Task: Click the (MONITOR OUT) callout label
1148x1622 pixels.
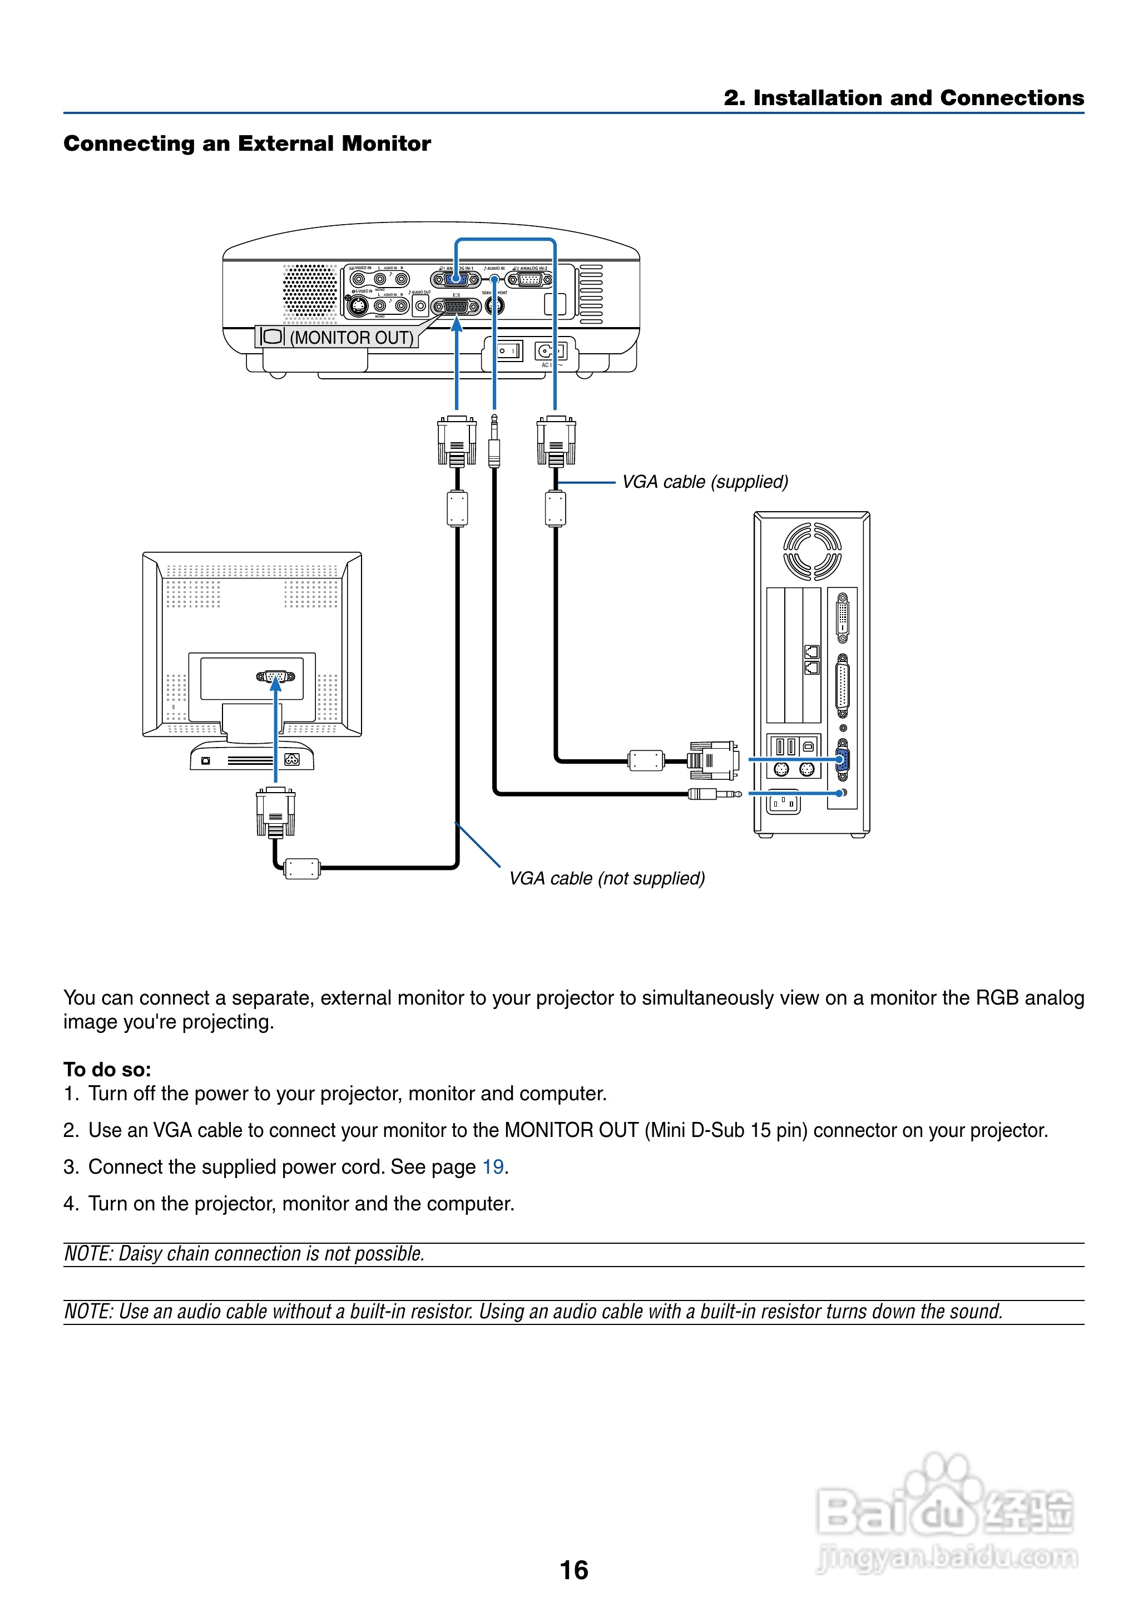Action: click(x=337, y=337)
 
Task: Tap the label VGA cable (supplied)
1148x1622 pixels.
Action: click(x=704, y=482)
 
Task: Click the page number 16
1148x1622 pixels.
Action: click(x=573, y=1570)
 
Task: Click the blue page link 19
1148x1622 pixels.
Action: click(x=493, y=1167)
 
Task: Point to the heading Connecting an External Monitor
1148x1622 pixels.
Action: click(x=247, y=144)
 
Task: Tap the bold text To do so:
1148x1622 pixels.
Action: click(x=107, y=1069)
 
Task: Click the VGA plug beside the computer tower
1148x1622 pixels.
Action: click(x=713, y=760)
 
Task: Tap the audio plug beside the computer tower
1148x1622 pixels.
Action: click(x=715, y=794)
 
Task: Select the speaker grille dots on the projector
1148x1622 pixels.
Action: click(x=310, y=290)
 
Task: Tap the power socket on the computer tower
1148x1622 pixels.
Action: click(x=784, y=803)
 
